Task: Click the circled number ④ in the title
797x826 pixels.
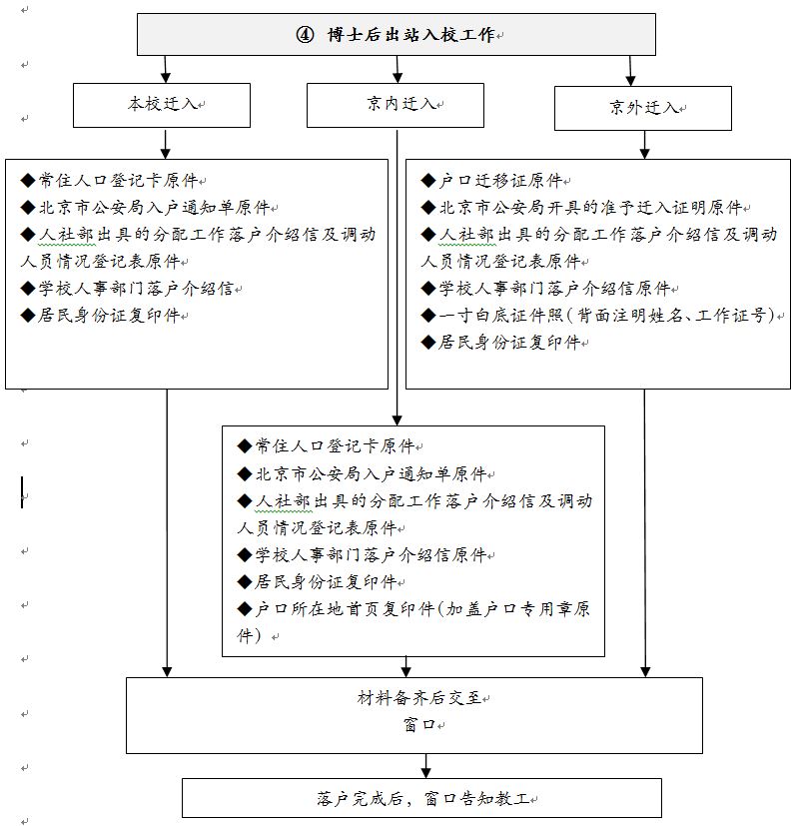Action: [306, 35]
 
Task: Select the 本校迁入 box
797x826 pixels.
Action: [161, 104]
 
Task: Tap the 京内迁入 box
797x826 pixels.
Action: [395, 104]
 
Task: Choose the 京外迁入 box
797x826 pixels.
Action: [643, 108]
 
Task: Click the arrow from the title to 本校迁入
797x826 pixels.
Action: [166, 68]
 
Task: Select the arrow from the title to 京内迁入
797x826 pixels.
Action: [398, 68]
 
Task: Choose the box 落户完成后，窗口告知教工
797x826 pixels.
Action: [421, 798]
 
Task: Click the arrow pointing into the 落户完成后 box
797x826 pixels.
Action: [426, 766]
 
